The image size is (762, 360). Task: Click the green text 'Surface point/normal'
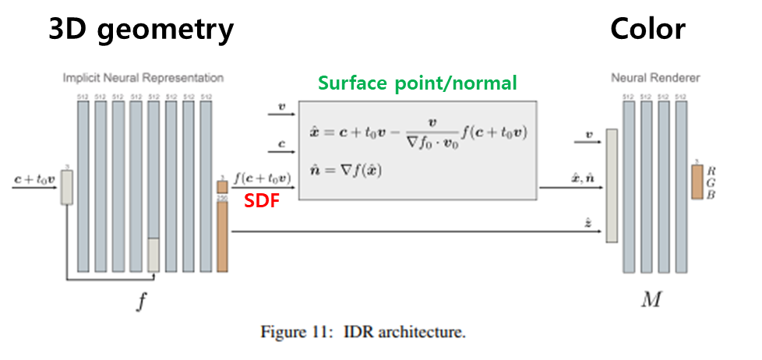[417, 83]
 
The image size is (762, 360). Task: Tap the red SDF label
[258, 201]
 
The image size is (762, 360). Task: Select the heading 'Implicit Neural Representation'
[143, 78]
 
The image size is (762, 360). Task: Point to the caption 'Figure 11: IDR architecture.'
[363, 333]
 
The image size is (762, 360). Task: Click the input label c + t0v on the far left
[34, 179]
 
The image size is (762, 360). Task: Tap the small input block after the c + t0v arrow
[67, 188]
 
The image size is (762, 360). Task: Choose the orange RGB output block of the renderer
[697, 182]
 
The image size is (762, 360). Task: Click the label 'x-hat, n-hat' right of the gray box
[585, 178]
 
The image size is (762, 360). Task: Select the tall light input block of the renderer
[612, 185]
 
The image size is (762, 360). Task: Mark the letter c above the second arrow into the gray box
[281, 143]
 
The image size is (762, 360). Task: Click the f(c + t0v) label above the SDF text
[262, 179]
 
